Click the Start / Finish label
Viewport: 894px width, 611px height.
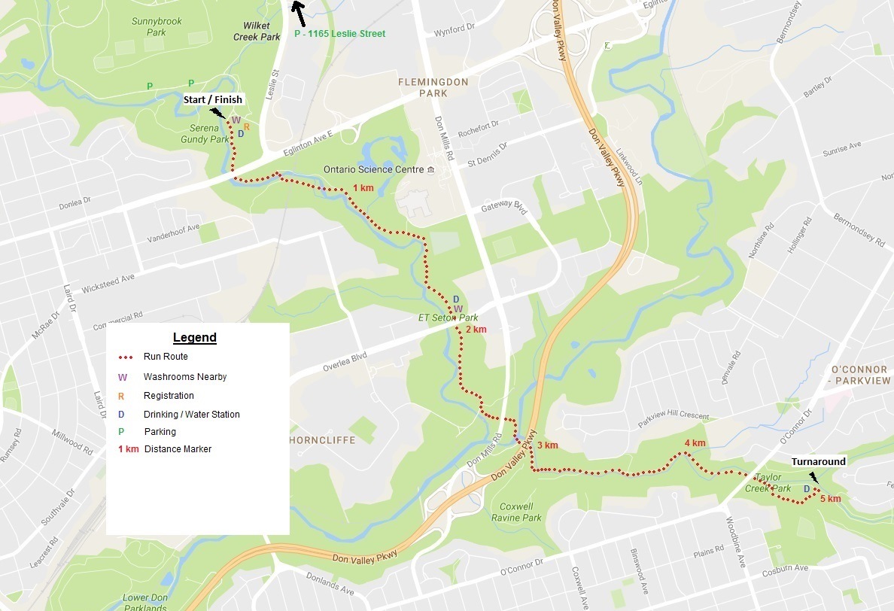point(214,99)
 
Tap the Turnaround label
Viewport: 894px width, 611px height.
point(818,461)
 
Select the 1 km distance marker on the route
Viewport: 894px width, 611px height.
point(363,188)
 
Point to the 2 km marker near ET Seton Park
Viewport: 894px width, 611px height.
point(476,330)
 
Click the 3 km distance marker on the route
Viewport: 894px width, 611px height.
point(547,445)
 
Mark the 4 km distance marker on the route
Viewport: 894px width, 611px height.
point(695,443)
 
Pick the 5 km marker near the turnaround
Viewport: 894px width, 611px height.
point(830,499)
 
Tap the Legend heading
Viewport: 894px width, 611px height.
point(194,338)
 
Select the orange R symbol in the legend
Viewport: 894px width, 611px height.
point(122,396)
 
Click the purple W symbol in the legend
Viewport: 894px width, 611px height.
point(123,377)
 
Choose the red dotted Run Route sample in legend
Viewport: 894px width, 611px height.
point(126,357)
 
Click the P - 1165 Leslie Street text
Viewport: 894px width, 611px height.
point(339,34)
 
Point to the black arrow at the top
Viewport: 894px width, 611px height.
point(299,11)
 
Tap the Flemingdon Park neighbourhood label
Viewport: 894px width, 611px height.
point(433,87)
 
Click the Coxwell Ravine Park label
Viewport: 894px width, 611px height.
point(516,512)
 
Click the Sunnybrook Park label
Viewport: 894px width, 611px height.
point(157,27)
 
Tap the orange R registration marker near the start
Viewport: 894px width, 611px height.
point(246,126)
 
